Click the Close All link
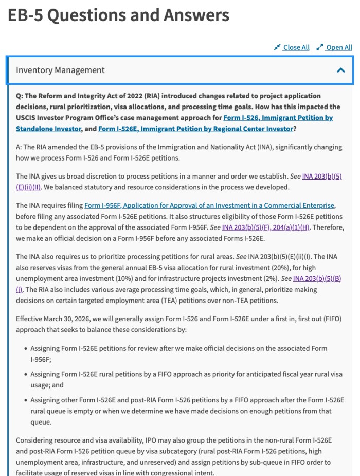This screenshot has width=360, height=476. coord(296,47)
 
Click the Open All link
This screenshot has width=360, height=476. coord(339,47)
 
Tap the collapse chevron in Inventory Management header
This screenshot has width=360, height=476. coord(340,70)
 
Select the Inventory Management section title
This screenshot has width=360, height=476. coord(60,70)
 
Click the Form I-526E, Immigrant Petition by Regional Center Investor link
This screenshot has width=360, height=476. coord(195,129)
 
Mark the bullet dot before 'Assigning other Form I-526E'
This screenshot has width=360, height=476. coord(25,400)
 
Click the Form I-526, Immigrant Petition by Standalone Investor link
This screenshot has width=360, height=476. coord(278,118)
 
